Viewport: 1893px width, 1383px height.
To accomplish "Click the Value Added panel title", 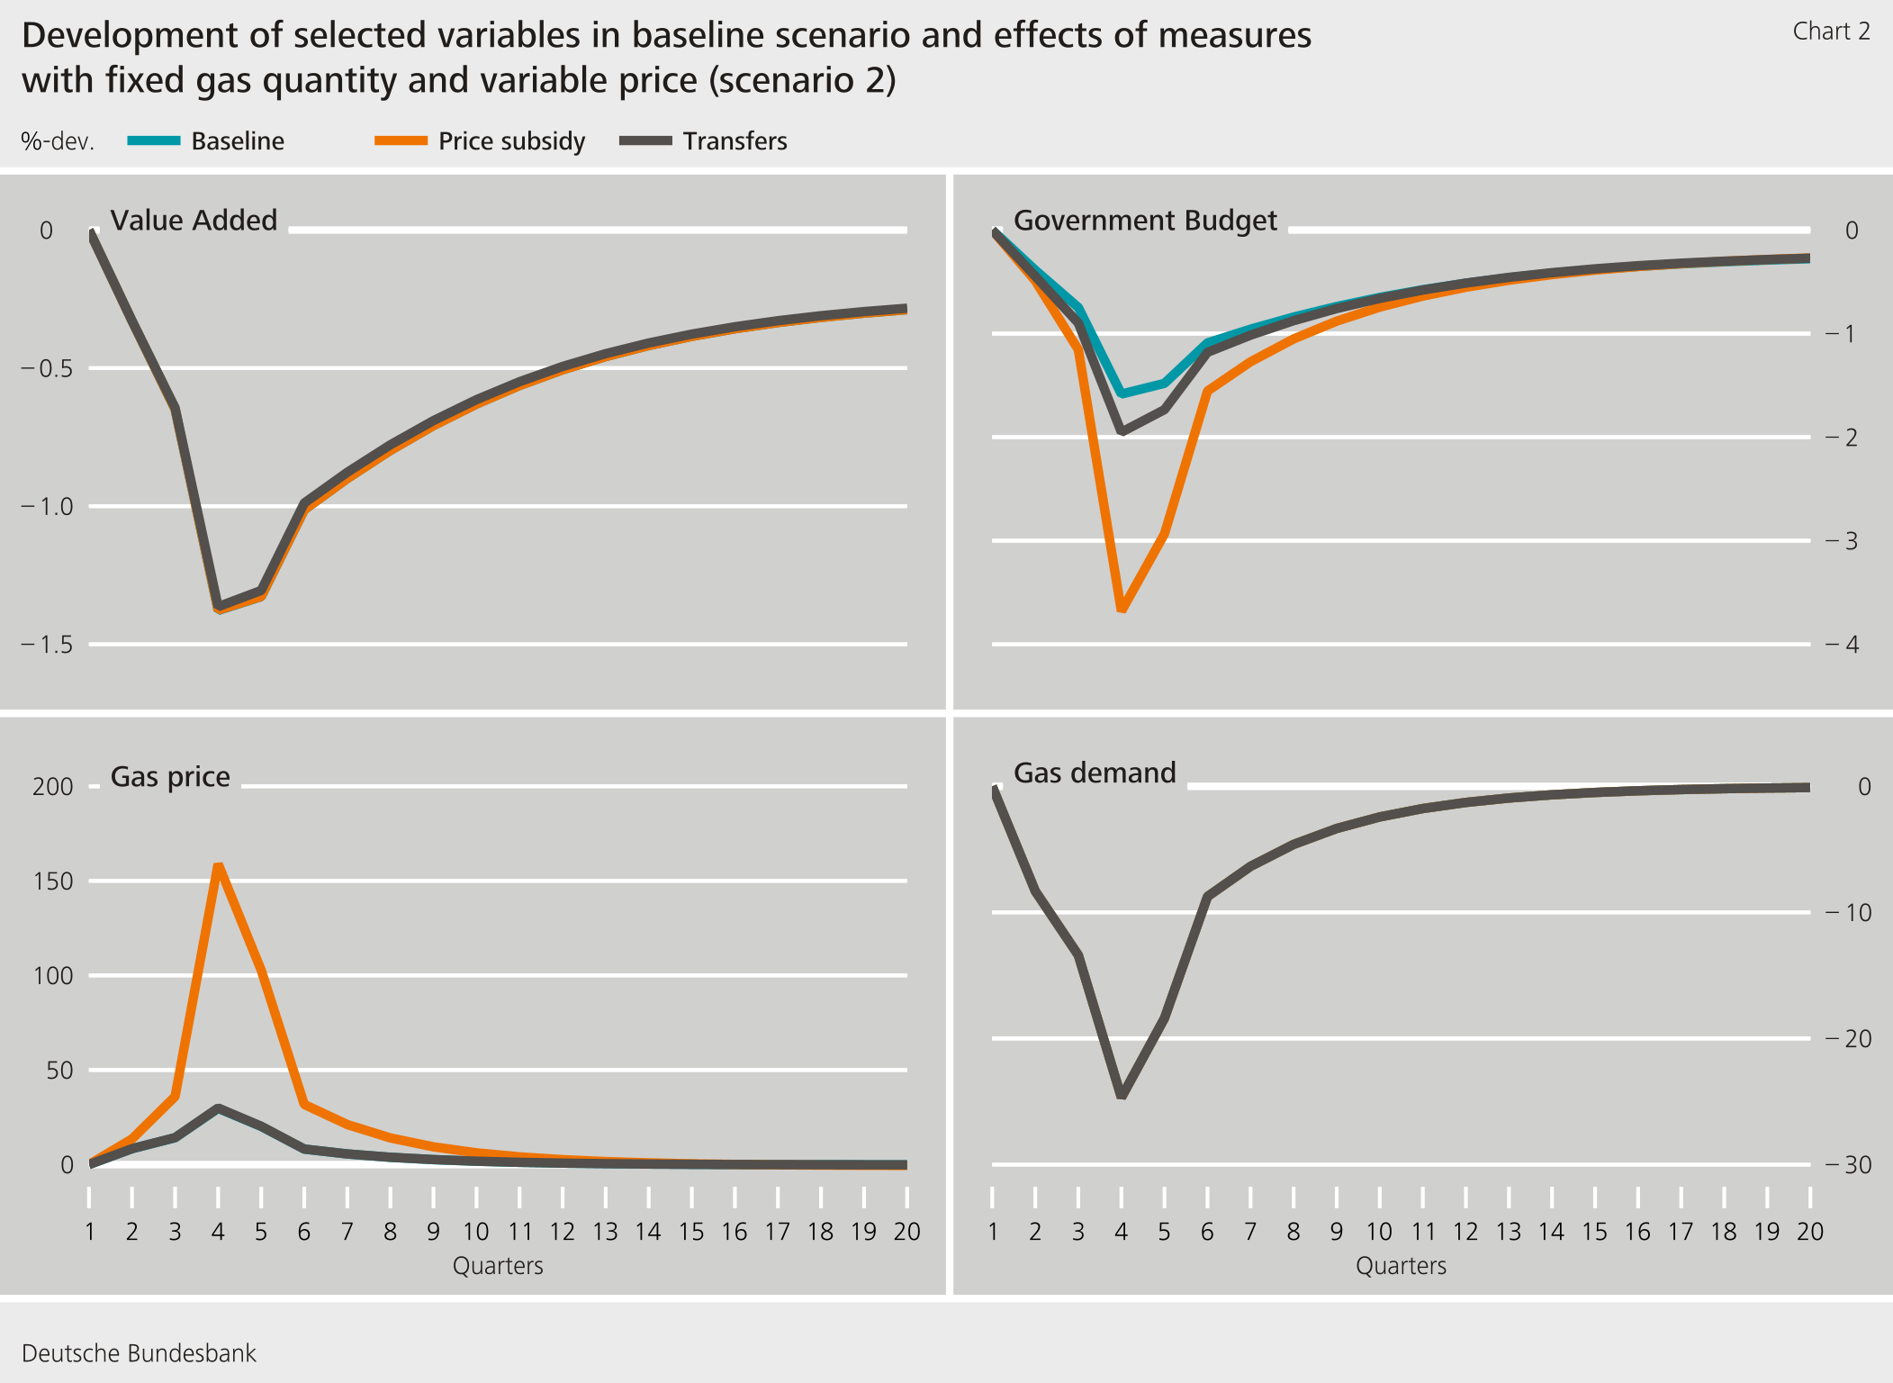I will (194, 221).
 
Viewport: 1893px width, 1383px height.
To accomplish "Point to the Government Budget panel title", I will (1145, 221).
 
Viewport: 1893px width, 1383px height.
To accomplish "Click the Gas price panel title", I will (170, 776).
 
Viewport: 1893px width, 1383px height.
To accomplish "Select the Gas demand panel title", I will (1095, 773).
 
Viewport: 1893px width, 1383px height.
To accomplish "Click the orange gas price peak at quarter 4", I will (218, 865).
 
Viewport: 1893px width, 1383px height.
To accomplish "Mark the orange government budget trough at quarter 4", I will (1122, 610).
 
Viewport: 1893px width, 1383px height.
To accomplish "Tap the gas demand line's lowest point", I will (1122, 1096).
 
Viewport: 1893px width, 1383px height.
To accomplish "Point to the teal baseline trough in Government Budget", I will (1122, 394).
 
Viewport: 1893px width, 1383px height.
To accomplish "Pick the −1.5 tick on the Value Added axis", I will (47, 645).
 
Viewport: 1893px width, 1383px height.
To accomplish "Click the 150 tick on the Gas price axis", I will (52, 881).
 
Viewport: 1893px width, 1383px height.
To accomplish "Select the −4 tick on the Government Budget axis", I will (1842, 645).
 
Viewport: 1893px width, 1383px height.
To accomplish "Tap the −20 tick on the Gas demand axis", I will (1848, 1039).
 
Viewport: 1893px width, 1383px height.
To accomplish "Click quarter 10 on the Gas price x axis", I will (475, 1232).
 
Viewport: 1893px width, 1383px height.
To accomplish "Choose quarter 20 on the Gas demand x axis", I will (1809, 1232).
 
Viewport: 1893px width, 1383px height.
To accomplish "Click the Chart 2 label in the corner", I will (1831, 32).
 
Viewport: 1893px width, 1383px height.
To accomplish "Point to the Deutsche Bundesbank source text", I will (139, 1353).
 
